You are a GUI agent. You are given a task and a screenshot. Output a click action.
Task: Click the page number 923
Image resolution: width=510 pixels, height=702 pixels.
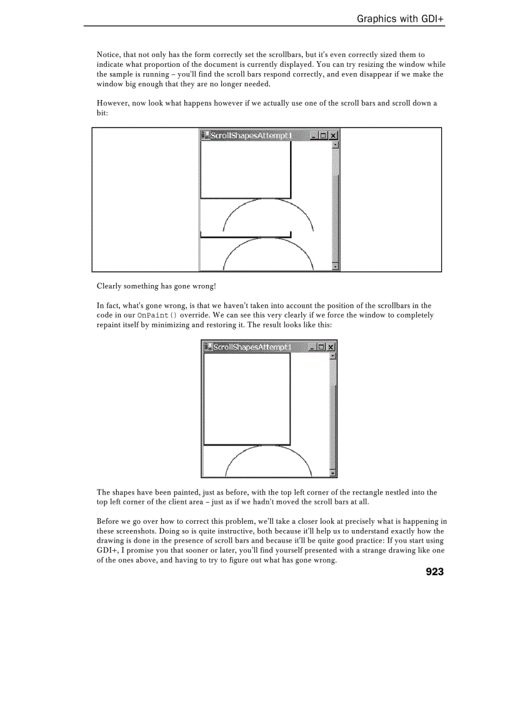point(434,571)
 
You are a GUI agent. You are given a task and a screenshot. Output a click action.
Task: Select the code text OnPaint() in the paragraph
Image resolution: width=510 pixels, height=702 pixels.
point(157,316)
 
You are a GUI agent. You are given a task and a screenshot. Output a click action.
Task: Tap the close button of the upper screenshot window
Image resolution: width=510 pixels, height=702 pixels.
point(333,136)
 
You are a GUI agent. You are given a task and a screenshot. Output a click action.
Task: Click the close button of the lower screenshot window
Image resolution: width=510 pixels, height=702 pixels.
point(331,347)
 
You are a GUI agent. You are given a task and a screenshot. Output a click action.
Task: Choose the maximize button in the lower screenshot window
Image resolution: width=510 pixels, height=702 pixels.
point(322,347)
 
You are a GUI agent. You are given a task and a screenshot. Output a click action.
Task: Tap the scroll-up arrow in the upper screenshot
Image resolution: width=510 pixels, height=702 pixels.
point(336,144)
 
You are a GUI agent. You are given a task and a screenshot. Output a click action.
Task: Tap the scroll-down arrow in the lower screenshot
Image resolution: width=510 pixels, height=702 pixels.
point(333,473)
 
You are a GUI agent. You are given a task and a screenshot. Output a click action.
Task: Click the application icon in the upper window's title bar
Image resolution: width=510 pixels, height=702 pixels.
point(205,136)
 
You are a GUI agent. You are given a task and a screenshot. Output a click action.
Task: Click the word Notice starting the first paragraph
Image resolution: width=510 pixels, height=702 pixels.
point(109,55)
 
